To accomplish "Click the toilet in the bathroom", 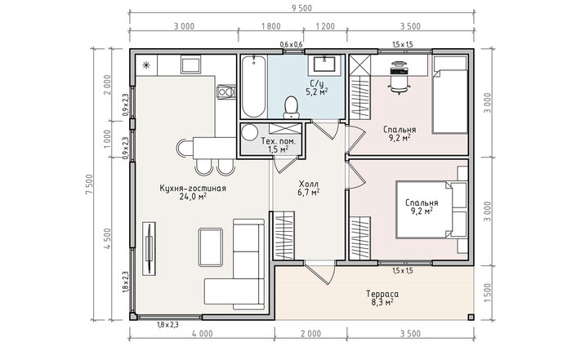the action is [x=291, y=107].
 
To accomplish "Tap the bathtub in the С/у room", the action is [x=253, y=87].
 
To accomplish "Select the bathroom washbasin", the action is [x=324, y=64].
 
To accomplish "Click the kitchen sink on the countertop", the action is [x=190, y=64].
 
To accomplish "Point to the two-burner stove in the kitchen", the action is [x=225, y=91].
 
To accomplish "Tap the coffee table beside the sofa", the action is [x=211, y=247].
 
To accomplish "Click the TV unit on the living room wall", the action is [x=150, y=248].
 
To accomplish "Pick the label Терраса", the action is [x=382, y=294].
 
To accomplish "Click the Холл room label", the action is [x=309, y=184].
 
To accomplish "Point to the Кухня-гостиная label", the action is [x=193, y=189].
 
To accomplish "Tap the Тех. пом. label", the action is [x=278, y=141].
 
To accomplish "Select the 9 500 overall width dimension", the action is [x=301, y=8].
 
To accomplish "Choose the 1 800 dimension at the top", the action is [x=270, y=26].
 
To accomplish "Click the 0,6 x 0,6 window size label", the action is [x=291, y=44].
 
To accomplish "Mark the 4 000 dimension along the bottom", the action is [x=202, y=334].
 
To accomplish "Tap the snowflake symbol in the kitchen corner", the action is [x=146, y=65].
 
